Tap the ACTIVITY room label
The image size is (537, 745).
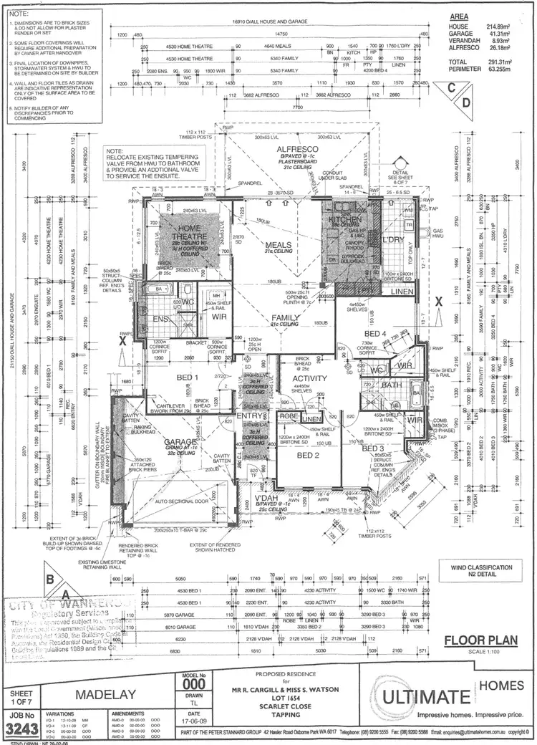pos(310,378)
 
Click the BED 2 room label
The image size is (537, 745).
pos(308,455)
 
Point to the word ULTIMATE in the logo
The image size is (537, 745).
pos(426,697)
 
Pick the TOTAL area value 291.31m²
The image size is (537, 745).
pos(498,62)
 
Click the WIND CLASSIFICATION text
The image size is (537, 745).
pos(482,567)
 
